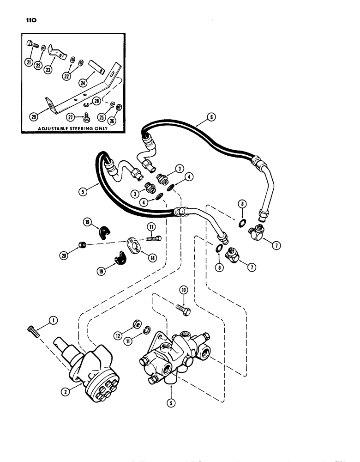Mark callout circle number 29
[33, 118]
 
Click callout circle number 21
[29, 63]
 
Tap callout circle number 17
[151, 227]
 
